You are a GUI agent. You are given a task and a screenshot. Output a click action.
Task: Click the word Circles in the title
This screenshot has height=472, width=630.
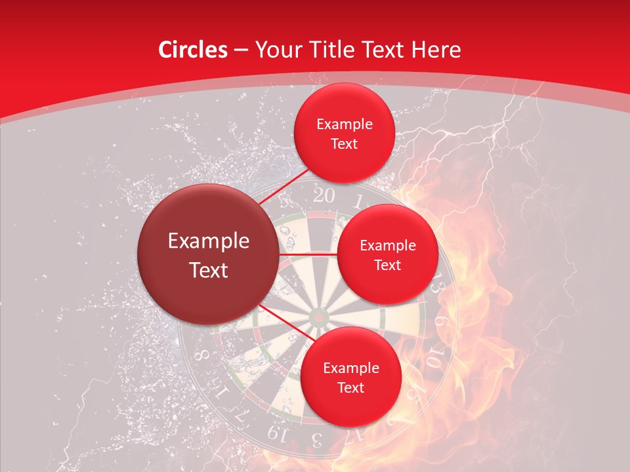193,50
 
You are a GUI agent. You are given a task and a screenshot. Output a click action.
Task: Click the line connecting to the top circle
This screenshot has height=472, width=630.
286,190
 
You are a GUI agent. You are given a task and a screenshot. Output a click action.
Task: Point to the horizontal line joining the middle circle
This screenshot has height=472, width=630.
308,254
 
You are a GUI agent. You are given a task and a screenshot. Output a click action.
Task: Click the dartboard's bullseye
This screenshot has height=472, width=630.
319,317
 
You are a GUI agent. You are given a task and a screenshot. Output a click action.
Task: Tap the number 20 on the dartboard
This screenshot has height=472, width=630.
323,195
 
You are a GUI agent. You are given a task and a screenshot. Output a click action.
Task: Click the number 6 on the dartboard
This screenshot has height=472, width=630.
442,323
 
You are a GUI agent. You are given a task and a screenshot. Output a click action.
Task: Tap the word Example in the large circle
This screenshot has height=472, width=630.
209,241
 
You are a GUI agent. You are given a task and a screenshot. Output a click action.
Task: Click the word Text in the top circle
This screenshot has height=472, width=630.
344,144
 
